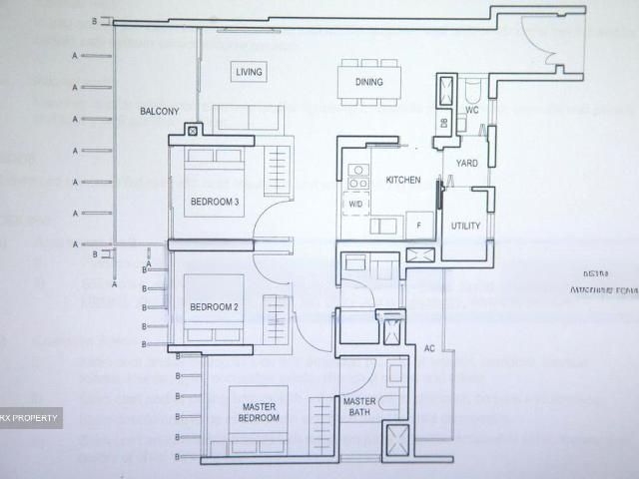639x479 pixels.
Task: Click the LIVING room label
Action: [x=248, y=72]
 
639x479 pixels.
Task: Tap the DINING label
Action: [x=369, y=82]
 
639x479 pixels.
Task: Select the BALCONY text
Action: [x=159, y=113]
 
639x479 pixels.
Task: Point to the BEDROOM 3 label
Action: [x=215, y=204]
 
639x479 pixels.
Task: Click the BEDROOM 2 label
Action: [x=213, y=306]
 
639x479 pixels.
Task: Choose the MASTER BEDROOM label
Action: [x=260, y=411]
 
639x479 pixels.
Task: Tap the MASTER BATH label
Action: [x=359, y=407]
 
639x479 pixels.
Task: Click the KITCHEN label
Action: [x=401, y=181]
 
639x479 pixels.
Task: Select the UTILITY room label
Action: [x=465, y=227]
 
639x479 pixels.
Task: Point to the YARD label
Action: [x=466, y=163]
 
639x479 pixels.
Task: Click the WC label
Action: [x=472, y=111]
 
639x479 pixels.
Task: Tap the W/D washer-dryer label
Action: [x=354, y=204]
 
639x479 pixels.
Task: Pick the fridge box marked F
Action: [x=419, y=226]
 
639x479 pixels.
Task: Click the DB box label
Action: [x=442, y=123]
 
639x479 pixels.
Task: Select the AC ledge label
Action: [x=429, y=349]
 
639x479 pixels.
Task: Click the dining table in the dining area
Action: [x=369, y=82]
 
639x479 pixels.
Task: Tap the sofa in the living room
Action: [x=245, y=119]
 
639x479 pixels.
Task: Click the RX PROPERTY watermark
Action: [x=30, y=417]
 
